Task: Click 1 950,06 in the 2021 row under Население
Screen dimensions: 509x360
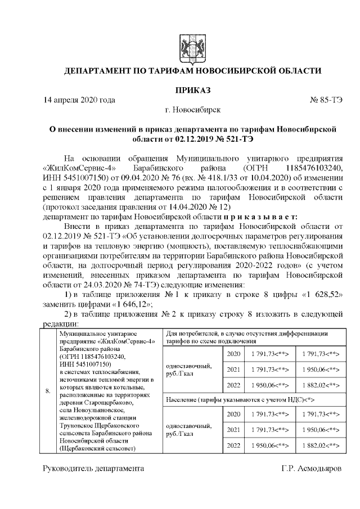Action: [x=318, y=430]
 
